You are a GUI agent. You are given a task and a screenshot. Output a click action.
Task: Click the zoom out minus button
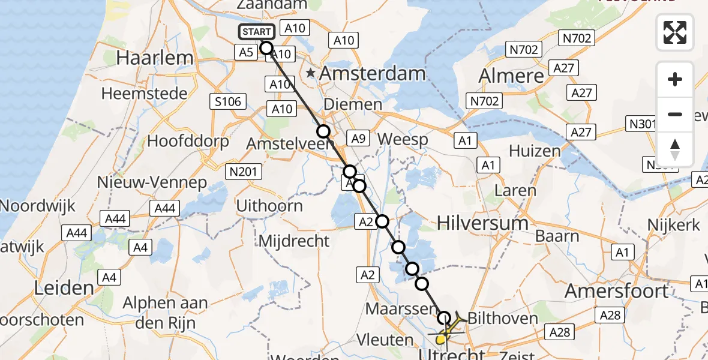[675, 114]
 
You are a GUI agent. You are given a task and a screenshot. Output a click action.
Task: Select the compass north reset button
[675, 149]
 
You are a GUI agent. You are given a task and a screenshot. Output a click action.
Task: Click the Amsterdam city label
[373, 74]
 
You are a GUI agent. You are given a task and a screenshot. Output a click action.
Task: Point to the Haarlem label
[155, 58]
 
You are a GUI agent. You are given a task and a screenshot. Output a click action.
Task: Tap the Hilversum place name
[483, 223]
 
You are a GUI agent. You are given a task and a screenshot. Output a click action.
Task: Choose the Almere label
[512, 76]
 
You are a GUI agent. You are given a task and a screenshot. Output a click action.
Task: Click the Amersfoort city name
[617, 291]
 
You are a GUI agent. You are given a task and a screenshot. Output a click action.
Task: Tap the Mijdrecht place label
[294, 241]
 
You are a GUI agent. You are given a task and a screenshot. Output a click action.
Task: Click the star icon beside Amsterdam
[311, 73]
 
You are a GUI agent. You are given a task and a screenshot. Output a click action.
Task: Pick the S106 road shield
[228, 101]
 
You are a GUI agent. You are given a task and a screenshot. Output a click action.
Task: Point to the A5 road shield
[246, 53]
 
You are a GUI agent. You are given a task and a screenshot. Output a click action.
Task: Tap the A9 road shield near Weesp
[358, 139]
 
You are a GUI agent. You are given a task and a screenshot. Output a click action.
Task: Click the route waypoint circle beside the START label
[266, 48]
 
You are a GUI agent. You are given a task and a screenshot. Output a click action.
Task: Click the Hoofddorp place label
[188, 142]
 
